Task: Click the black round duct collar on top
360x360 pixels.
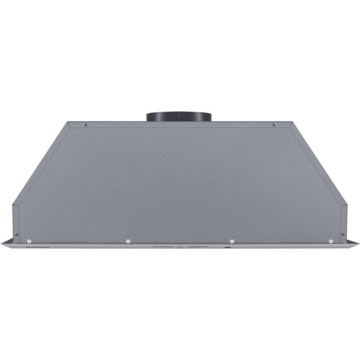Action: click(x=179, y=116)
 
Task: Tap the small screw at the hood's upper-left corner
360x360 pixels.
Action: click(x=86, y=125)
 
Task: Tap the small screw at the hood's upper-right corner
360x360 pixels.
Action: click(x=274, y=125)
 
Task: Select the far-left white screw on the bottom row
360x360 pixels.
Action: click(x=29, y=240)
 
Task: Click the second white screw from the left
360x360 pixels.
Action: click(x=127, y=240)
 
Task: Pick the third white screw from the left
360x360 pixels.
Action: click(x=232, y=240)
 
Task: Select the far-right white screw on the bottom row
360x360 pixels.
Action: click(x=330, y=240)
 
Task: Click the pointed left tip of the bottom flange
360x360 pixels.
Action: click(x=2, y=245)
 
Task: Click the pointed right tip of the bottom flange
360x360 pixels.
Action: click(x=357, y=245)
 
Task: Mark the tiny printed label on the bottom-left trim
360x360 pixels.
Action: click(x=32, y=246)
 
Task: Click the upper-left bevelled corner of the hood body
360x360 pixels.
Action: click(x=68, y=123)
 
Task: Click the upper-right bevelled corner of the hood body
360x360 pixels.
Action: click(x=291, y=123)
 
